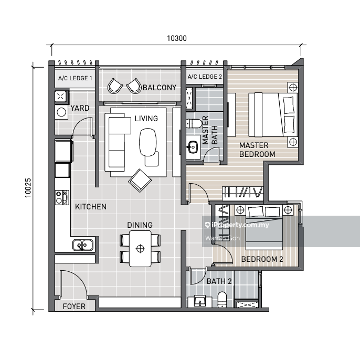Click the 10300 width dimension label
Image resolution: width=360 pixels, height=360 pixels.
pyautogui.click(x=176, y=38)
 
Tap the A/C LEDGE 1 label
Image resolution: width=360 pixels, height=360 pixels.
pyautogui.click(x=75, y=78)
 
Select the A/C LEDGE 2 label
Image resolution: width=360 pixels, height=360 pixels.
pyautogui.click(x=205, y=77)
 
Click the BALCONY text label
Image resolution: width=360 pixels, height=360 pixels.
pyautogui.click(x=159, y=88)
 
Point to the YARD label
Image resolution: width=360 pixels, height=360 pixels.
pyautogui.click(x=80, y=108)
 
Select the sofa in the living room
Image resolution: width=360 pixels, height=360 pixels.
pyautogui.click(x=119, y=141)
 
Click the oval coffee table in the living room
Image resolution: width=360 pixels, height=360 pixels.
pyautogui.click(x=149, y=142)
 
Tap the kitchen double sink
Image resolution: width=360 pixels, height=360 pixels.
pyautogui.click(x=83, y=244)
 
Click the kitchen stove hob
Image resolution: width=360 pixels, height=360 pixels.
pyautogui.click(x=61, y=197)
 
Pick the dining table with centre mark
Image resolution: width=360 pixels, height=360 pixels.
pyautogui.click(x=140, y=249)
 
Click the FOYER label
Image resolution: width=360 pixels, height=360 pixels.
pyautogui.click(x=74, y=306)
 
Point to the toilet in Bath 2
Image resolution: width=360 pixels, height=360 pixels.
pyautogui.click(x=222, y=299)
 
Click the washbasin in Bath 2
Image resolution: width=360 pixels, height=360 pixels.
pyautogui.click(x=200, y=301)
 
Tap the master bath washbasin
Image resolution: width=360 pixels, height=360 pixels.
pyautogui.click(x=192, y=146)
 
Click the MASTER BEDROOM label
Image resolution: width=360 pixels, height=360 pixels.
pyautogui.click(x=257, y=150)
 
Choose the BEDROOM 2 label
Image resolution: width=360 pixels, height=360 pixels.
pyautogui.click(x=262, y=259)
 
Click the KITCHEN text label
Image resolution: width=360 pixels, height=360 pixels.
pyautogui.click(x=90, y=207)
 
